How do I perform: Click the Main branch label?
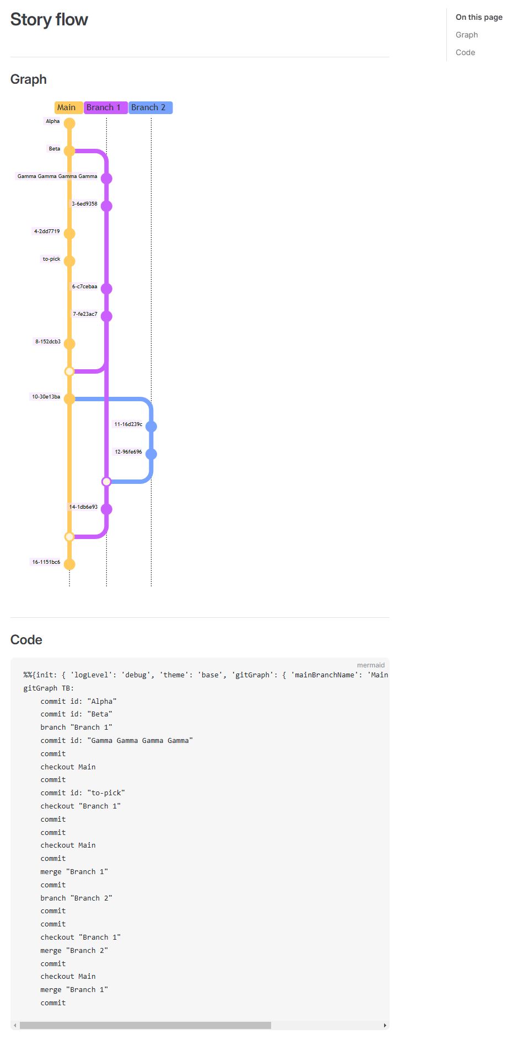[67, 107]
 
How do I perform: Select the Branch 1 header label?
[104, 107]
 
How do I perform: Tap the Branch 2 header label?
[149, 107]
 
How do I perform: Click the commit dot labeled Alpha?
[69, 123]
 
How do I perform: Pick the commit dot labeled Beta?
[69, 150]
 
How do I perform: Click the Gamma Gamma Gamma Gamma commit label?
[57, 176]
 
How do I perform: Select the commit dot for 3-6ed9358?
[106, 206]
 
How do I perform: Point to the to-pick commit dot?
[69, 261]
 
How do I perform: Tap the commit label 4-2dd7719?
[47, 231]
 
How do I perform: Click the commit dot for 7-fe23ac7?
[106, 316]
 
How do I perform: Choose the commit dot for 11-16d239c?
[151, 427]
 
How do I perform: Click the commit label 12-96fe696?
[128, 452]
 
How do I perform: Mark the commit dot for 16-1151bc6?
[69, 564]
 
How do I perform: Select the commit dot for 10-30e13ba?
[69, 399]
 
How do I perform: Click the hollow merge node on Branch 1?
[106, 482]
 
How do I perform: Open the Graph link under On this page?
[467, 35]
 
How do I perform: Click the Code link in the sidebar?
[465, 52]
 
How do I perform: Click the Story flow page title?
[49, 20]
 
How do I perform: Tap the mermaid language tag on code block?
[370, 665]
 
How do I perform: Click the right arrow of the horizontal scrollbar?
[385, 1026]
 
